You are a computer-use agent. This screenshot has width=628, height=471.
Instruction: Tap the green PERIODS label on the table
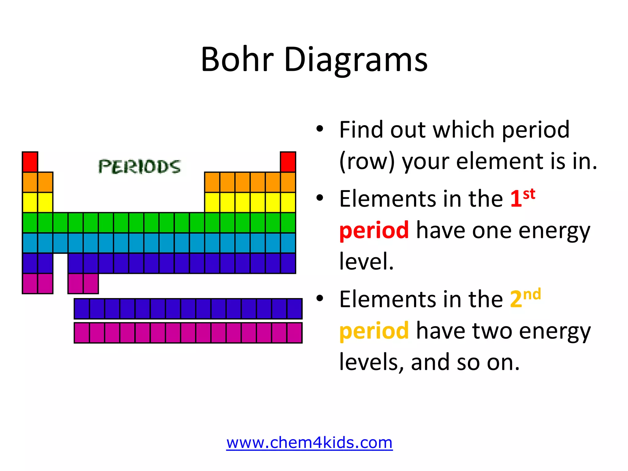pos(140,167)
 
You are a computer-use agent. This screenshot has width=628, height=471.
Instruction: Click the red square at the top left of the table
pos(30,162)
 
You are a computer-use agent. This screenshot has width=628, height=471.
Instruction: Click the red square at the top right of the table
pos(288,162)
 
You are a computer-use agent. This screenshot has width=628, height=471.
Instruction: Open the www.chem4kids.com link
pos(309,442)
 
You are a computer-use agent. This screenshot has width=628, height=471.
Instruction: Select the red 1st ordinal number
pos(522,198)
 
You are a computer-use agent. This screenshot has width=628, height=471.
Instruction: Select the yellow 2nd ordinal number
pos(525,298)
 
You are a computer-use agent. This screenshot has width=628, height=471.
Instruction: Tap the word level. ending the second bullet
pos(366,261)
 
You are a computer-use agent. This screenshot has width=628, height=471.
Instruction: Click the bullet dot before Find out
pos(320,129)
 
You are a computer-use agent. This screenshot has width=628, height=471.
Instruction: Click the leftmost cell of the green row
pos(30,223)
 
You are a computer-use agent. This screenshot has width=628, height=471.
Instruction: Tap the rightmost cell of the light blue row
pos(288,243)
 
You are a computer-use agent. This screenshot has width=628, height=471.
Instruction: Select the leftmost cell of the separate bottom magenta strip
pos(82,333)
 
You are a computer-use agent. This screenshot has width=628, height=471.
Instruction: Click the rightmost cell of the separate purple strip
pos(294,309)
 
